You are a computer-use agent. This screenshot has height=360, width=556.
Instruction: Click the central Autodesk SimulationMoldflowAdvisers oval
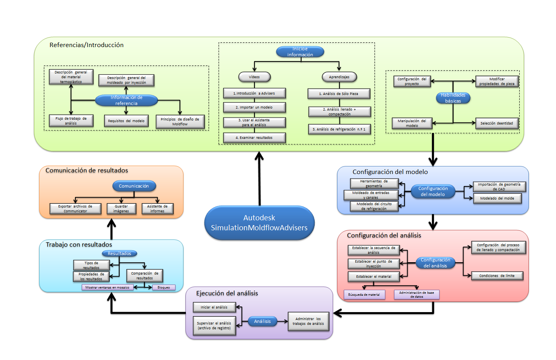click(259, 223)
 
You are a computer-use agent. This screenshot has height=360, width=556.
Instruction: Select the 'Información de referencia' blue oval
click(126, 100)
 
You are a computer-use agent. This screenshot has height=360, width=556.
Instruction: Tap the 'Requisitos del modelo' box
click(126, 121)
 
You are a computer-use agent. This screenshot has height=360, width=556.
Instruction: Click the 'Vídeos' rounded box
click(254, 77)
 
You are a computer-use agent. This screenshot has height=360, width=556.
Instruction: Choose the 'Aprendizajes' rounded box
click(339, 77)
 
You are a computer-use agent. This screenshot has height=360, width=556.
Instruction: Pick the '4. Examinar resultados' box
click(254, 138)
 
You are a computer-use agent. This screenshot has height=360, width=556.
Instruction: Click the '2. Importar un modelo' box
click(254, 107)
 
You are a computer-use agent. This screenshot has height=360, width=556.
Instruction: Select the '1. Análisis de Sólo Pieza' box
click(339, 94)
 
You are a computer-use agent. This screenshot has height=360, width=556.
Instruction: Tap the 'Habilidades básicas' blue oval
click(453, 98)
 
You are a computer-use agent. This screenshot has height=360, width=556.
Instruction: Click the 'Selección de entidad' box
click(497, 123)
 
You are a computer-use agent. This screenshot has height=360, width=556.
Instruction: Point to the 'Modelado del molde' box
click(497, 198)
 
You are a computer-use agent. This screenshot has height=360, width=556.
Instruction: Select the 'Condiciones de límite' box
click(497, 276)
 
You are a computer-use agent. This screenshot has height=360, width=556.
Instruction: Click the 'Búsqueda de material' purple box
click(364, 295)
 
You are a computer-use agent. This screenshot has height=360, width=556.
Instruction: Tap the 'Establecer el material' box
click(374, 277)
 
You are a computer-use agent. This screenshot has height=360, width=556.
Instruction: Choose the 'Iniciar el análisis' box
click(214, 307)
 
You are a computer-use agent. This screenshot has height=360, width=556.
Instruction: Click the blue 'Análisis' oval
click(262, 321)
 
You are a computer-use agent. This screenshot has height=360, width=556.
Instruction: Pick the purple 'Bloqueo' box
click(164, 287)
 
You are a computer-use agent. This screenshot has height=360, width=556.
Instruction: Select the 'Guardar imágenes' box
click(121, 209)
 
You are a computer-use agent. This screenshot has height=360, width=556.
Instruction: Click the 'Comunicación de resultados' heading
click(87, 170)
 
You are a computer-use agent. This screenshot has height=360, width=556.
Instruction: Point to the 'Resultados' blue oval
click(119, 253)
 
